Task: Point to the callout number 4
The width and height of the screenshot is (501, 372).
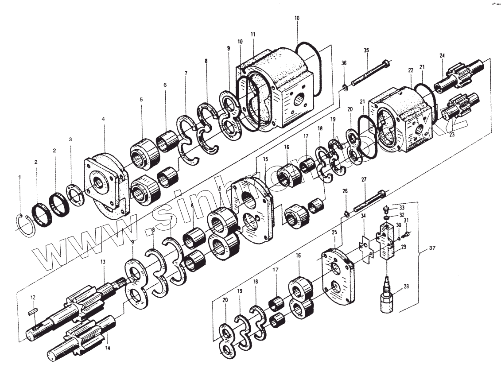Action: [x=103, y=120]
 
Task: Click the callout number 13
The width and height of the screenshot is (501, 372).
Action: [x=102, y=262]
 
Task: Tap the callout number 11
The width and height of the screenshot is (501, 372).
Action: [x=253, y=35]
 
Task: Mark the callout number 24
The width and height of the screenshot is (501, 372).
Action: [x=442, y=55]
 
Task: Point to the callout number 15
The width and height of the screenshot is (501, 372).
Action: [x=265, y=159]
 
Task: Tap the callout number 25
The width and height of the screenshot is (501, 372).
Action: [x=334, y=232]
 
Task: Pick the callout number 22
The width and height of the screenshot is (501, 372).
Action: [x=411, y=71]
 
